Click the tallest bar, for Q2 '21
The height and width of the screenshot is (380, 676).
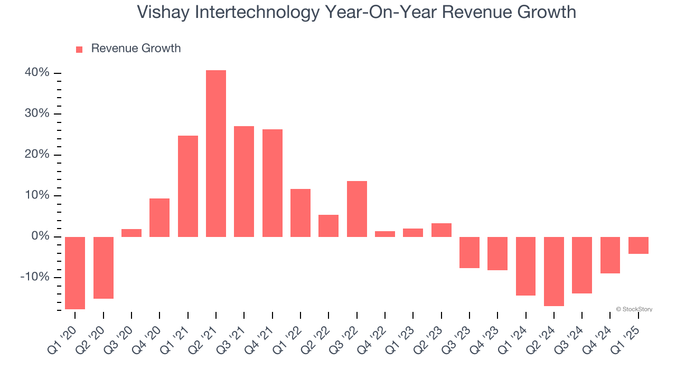pyautogui.click(x=216, y=153)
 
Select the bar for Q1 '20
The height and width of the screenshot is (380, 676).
pyautogui.click(x=75, y=272)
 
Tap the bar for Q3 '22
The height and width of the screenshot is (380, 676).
pyautogui.click(x=357, y=208)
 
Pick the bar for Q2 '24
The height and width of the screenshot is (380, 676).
pyautogui.click(x=554, y=271)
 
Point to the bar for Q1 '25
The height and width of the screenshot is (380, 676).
pyautogui.click(x=639, y=245)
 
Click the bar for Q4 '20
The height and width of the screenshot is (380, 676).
pyautogui.click(x=159, y=217)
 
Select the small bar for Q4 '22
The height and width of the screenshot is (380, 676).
pyautogui.click(x=385, y=234)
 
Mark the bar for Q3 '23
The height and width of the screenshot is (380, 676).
pyautogui.click(x=470, y=252)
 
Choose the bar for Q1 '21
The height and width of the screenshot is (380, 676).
pyautogui.click(x=188, y=186)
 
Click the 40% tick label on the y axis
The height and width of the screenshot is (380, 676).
pyautogui.click(x=37, y=73)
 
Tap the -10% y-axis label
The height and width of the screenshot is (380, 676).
pyautogui.click(x=35, y=277)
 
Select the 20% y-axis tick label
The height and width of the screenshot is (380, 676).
pyautogui.click(x=37, y=155)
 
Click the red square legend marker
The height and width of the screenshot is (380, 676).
pyautogui.click(x=79, y=50)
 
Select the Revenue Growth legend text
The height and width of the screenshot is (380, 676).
pyautogui.click(x=136, y=49)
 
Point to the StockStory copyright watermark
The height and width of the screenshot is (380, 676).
pyautogui.click(x=634, y=309)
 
